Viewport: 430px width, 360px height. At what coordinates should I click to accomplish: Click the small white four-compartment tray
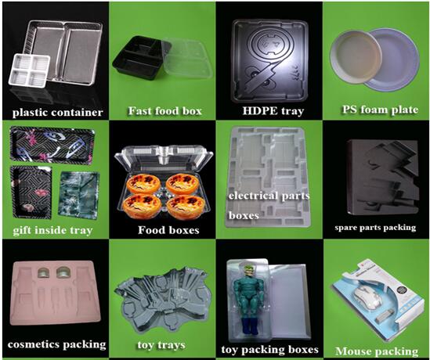(30, 70)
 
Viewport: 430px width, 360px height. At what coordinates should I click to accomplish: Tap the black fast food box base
(140, 59)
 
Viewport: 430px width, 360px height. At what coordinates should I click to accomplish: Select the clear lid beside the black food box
(188, 58)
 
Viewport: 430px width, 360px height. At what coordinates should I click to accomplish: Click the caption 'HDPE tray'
(273, 111)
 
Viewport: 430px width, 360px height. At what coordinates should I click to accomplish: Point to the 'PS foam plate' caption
(380, 110)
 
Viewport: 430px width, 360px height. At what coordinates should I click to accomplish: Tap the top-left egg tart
(143, 183)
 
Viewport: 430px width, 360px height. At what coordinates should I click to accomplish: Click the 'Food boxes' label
(168, 230)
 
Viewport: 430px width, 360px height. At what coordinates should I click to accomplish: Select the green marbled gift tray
(79, 196)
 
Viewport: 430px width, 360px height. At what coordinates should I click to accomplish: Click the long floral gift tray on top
(52, 146)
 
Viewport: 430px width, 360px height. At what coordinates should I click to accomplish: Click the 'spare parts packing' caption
(375, 228)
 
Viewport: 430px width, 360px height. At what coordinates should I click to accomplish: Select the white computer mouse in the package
(367, 297)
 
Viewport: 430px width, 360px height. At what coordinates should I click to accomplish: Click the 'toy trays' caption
(161, 345)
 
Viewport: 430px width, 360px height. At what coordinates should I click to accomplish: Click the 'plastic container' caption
(58, 113)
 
